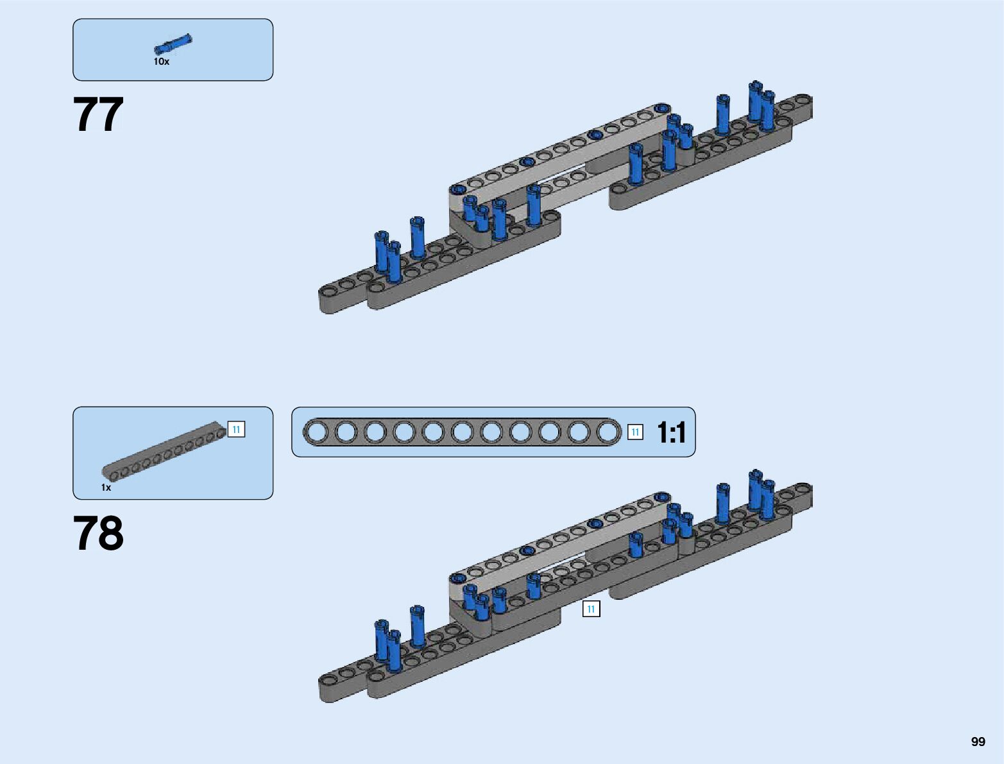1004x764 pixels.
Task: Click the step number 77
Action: point(98,115)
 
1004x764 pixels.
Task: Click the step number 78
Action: point(98,534)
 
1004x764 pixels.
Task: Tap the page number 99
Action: point(978,742)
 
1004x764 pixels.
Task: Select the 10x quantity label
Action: point(161,62)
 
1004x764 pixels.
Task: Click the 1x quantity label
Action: point(106,488)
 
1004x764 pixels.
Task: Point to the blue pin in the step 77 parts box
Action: point(173,44)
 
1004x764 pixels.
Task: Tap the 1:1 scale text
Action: point(672,432)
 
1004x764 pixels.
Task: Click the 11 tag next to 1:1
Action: point(635,432)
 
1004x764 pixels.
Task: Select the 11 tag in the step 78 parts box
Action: point(236,430)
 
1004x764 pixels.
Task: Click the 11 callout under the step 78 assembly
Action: point(591,609)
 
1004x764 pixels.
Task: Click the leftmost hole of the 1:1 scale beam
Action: point(316,432)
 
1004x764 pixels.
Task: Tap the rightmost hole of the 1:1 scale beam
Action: point(608,432)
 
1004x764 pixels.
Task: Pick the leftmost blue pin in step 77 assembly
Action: point(382,251)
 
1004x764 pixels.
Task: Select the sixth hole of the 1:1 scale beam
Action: point(462,432)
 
